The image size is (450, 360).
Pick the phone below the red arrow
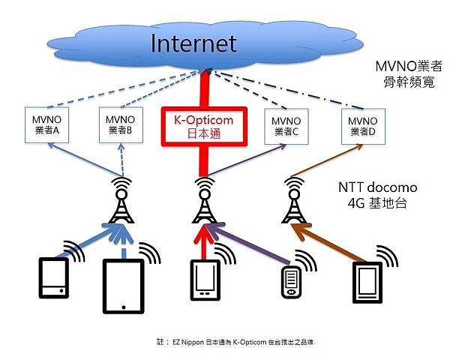click(x=204, y=280)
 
